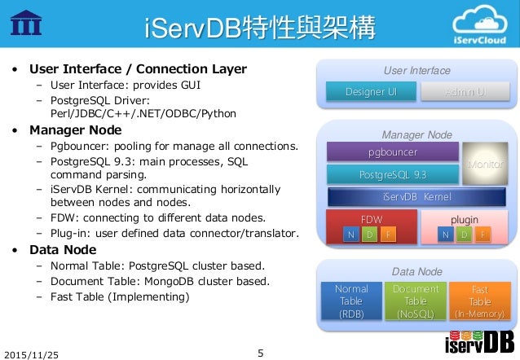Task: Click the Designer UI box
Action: coord(372,92)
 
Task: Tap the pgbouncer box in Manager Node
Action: coord(391,152)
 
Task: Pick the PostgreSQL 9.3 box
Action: coord(391,173)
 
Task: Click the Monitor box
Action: coord(484,163)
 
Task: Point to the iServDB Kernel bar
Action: coord(416,196)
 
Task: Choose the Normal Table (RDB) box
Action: coord(351,301)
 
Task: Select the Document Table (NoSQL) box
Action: coord(416,301)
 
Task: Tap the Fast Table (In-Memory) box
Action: coord(479,301)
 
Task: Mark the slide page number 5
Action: coord(260,353)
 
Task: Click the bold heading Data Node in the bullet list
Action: coord(63,249)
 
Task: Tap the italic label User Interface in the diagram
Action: coord(416,71)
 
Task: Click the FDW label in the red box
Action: coord(372,219)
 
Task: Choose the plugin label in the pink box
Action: coord(465,219)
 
